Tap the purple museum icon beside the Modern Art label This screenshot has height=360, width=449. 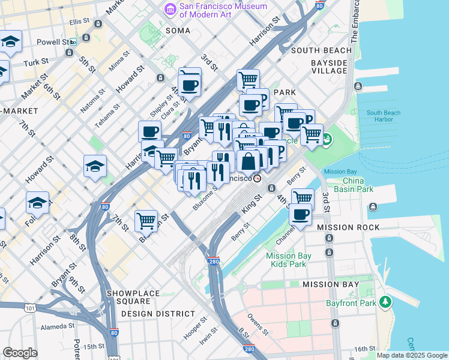pos(170,10)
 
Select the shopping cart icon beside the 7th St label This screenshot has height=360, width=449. pos(146,220)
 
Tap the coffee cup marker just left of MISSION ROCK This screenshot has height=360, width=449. pos(300,215)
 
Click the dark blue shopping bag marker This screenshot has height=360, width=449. pos(248,161)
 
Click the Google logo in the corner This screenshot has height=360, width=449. pos(20,353)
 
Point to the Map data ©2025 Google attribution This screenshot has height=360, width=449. pos(411,355)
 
